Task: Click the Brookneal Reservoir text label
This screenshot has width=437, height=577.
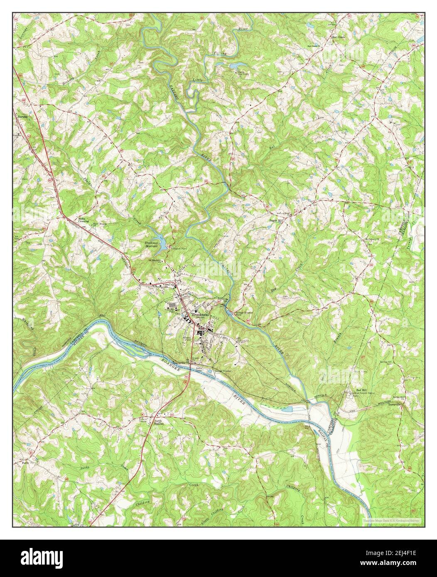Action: (151, 244)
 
